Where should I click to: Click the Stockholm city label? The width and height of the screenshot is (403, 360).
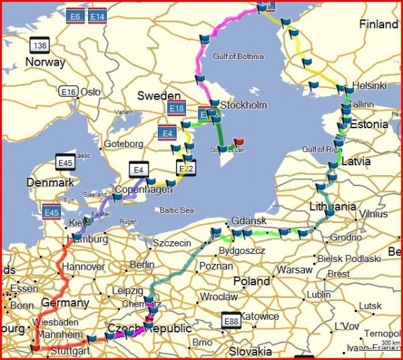(244, 105)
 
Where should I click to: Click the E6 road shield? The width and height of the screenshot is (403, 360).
(75, 15)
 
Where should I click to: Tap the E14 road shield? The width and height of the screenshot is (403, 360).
(97, 15)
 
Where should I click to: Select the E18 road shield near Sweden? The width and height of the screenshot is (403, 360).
(177, 108)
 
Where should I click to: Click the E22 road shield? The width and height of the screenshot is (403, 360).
(186, 168)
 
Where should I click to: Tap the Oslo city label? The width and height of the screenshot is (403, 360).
(90, 92)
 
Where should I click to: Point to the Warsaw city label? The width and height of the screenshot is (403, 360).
(295, 270)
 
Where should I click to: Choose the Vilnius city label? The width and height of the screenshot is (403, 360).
(373, 214)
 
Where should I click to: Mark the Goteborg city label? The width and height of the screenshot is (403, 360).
(123, 144)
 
